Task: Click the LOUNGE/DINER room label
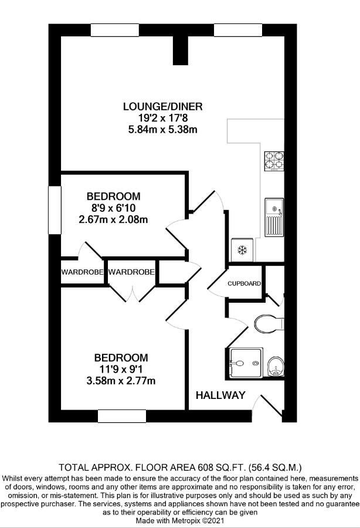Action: point(162,106)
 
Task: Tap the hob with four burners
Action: point(273,161)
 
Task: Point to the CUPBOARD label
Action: point(244,283)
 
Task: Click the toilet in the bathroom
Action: point(269,323)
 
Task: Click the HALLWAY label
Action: point(220,395)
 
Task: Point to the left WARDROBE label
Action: point(83,272)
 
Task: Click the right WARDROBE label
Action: point(132,272)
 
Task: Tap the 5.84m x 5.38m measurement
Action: point(162,130)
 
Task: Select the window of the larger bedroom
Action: point(121,416)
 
